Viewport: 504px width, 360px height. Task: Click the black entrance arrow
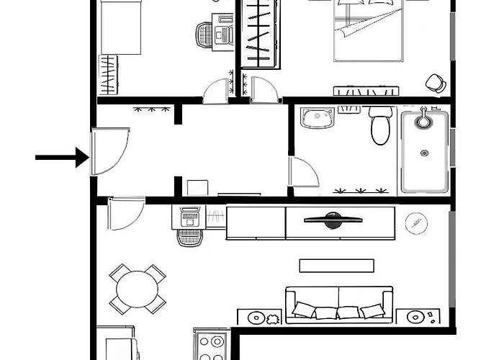tap(61, 156)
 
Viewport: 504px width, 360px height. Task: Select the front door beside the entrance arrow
tap(108, 151)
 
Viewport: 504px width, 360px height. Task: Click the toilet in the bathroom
tap(379, 125)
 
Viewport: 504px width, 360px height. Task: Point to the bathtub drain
tap(425, 153)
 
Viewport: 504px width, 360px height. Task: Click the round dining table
tap(137, 288)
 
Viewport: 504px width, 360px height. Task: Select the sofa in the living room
tap(339, 305)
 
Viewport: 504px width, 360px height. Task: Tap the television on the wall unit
tap(331, 220)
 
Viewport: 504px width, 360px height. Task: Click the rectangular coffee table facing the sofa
tap(337, 265)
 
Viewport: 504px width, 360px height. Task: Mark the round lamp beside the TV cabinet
tap(415, 223)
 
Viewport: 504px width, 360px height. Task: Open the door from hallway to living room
tap(122, 213)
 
